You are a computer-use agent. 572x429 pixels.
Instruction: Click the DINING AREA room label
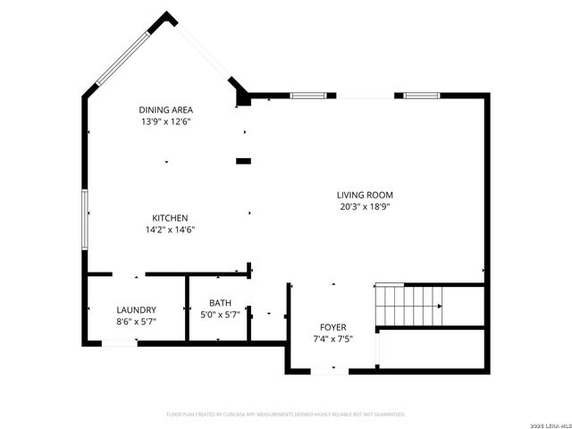(165, 110)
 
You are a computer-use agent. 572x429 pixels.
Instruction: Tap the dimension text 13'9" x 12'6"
(165, 122)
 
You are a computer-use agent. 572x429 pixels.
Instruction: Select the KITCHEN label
(169, 218)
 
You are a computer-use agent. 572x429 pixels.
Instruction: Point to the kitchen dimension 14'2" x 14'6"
(169, 230)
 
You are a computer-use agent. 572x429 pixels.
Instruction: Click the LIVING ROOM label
(365, 195)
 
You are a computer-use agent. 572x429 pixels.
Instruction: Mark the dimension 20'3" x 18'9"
(365, 206)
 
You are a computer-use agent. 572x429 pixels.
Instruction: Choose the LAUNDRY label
(136, 309)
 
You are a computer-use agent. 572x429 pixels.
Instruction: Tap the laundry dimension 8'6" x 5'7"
(136, 321)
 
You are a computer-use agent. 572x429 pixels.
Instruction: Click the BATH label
(220, 303)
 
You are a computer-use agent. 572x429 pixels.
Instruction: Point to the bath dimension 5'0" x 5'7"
(220, 315)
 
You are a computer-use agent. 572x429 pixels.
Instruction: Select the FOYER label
(332, 327)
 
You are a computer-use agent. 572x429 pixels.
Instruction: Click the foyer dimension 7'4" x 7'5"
(332, 339)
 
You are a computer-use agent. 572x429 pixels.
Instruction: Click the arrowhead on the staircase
(439, 307)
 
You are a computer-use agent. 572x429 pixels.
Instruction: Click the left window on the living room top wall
(307, 95)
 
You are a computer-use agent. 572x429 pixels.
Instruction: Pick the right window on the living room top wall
(419, 95)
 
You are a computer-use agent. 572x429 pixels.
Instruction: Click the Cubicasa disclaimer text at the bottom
(286, 415)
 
